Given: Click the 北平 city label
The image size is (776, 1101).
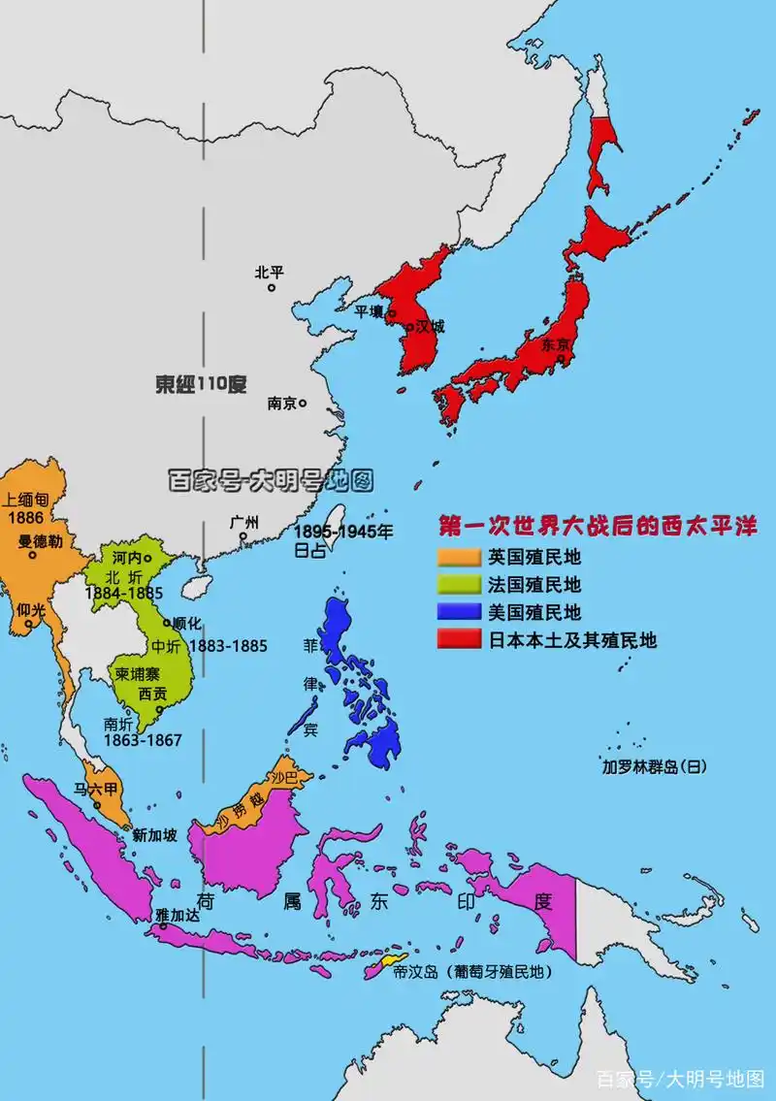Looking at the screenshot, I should pyautogui.click(x=270, y=273).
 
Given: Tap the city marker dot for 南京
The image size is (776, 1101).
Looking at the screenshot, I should pyautogui.click(x=303, y=403).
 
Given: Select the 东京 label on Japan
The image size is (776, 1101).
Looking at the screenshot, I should pyautogui.click(x=555, y=343).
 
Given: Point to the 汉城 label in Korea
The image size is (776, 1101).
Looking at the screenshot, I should pyautogui.click(x=430, y=326).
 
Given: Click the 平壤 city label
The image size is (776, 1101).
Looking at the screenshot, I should pyautogui.click(x=369, y=311).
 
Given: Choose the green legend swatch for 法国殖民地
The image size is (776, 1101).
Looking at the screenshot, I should pyautogui.click(x=459, y=584).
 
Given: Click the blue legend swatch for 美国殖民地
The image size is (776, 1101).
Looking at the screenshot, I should pyautogui.click(x=459, y=612).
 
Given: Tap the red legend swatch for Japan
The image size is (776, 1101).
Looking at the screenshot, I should pyautogui.click(x=459, y=640).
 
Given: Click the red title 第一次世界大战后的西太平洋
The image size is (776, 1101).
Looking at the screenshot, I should pyautogui.click(x=597, y=527).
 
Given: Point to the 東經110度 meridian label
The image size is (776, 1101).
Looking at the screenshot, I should pyautogui.click(x=201, y=384).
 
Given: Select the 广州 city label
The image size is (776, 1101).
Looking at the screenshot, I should pyautogui.click(x=244, y=522).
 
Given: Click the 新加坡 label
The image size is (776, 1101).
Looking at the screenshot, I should pyautogui.click(x=154, y=834).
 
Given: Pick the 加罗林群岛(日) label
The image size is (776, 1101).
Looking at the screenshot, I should pyautogui.click(x=654, y=766).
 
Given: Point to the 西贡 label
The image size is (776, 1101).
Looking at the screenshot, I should pyautogui.click(x=153, y=695).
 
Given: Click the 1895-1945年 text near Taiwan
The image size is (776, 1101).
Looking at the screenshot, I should pyautogui.click(x=344, y=532).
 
